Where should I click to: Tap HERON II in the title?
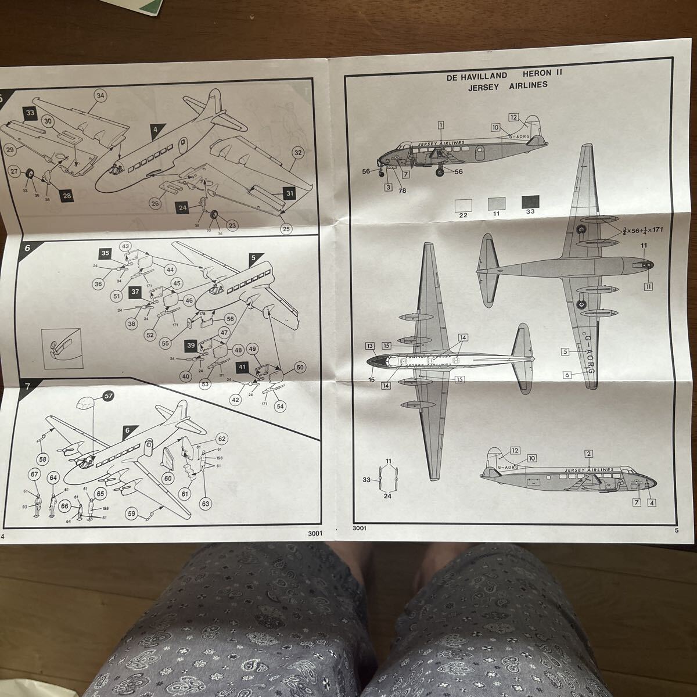click(x=542, y=74)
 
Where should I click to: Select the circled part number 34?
click(x=100, y=96)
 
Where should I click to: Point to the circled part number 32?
click(x=297, y=153)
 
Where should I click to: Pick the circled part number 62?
click(x=221, y=439)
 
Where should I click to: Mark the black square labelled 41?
click(x=243, y=367)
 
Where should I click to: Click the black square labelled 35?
click(x=105, y=254)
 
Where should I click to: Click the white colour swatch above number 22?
click(x=463, y=204)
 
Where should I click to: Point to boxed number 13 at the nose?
click(x=370, y=346)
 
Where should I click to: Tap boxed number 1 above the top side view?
click(x=441, y=124)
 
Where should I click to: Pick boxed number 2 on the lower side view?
click(x=588, y=454)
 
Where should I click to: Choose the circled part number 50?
click(x=300, y=368)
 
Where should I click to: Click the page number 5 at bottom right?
click(x=677, y=529)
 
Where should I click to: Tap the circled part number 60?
click(x=168, y=478)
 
